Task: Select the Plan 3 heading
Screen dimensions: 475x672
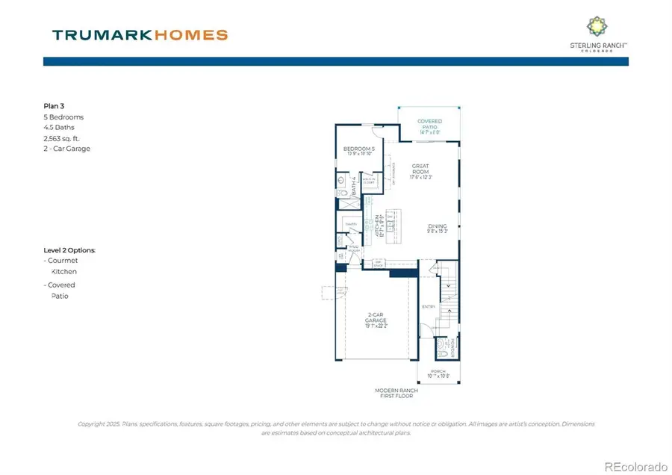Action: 55,107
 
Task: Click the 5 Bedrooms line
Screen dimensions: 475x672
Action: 63,117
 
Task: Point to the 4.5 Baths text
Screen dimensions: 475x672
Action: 59,128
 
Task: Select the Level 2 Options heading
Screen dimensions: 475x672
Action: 69,250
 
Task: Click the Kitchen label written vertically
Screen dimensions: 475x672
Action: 377,225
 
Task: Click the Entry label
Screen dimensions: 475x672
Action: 428,306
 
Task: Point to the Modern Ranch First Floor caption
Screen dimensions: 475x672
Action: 396,394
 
